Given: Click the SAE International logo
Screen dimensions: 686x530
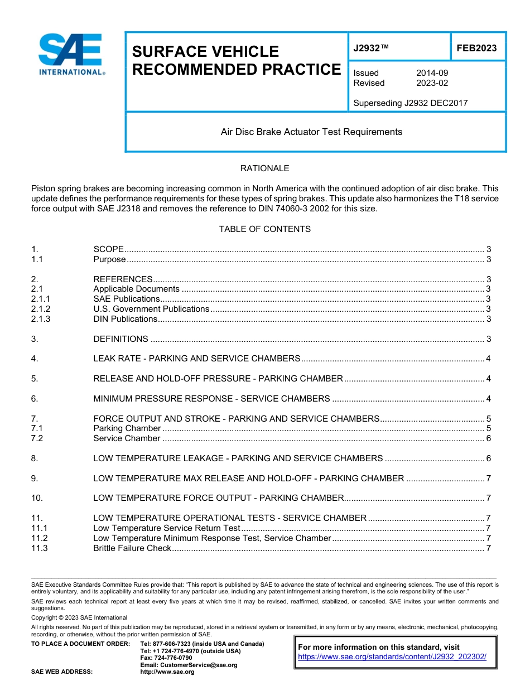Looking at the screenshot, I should pos(71,55).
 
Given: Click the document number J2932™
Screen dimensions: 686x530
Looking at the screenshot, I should pos(370,49).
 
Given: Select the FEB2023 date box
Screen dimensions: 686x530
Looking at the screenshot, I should pos(476,49).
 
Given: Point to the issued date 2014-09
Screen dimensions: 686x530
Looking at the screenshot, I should pos(432,73).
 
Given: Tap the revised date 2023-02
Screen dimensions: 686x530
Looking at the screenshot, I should pos(432,83).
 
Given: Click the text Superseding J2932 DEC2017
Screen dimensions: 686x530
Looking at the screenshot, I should pos(410,103).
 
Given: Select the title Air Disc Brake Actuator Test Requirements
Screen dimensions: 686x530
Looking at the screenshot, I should pos(311,132).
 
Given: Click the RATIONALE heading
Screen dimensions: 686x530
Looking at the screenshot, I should pos(264,168).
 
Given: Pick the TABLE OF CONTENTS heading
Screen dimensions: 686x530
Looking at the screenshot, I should pos(264,229).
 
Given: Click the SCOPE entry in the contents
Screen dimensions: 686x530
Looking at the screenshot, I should pos(108,249).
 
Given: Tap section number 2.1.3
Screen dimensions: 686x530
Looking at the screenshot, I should pos(41,319).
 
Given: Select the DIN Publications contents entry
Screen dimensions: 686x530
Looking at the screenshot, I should pos(125,319).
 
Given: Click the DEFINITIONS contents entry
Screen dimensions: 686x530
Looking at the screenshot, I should pos(121,339).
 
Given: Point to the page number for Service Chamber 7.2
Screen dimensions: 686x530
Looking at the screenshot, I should pos(488,438).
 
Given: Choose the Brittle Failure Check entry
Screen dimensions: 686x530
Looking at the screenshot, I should pos(132,548).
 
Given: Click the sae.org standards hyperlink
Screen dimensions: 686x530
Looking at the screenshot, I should pos(392,657).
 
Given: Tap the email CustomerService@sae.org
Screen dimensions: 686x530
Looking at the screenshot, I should pos(189,665).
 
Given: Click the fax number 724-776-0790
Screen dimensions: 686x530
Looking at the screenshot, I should pos(166,658).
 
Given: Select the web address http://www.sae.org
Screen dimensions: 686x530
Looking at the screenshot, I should pos(167,672).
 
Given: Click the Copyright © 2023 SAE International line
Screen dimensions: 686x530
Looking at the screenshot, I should pos(79,617).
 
